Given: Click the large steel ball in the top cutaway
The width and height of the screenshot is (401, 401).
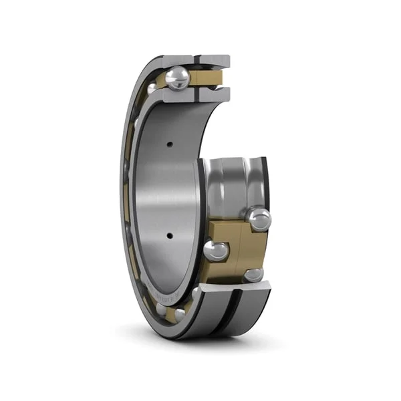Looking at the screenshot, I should click(x=178, y=79).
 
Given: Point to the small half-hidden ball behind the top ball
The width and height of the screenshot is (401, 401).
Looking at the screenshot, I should click(x=153, y=87).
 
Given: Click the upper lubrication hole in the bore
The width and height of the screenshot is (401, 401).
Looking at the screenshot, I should click(x=170, y=144).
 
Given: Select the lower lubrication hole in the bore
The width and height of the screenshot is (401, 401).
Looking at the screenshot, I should click(x=170, y=235).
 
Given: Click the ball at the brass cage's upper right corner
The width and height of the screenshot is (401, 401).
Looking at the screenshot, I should click(x=259, y=219).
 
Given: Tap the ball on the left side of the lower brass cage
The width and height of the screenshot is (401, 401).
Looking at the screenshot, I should click(x=216, y=251).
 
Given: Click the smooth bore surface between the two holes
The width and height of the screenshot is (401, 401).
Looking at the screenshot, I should click(x=167, y=190).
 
